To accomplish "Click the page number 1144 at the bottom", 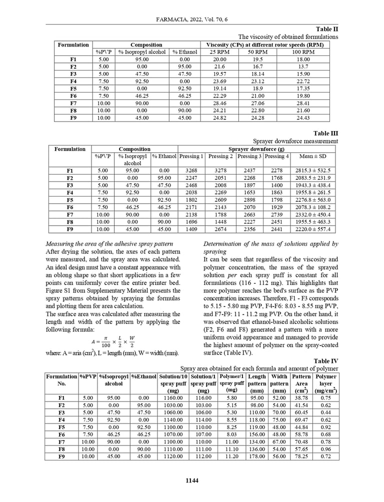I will tap(192, 480).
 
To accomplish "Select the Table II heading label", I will tap(327, 29).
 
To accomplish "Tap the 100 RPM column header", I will tap(303, 51).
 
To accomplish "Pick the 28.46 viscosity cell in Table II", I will tap(219, 102).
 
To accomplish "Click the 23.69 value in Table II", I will tap(219, 81).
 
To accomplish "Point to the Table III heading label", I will tap(326, 133).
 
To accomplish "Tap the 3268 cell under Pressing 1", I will tap(191, 170).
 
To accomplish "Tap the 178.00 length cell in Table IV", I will tap(256, 456).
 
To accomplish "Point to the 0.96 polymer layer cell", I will tap(326, 449).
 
